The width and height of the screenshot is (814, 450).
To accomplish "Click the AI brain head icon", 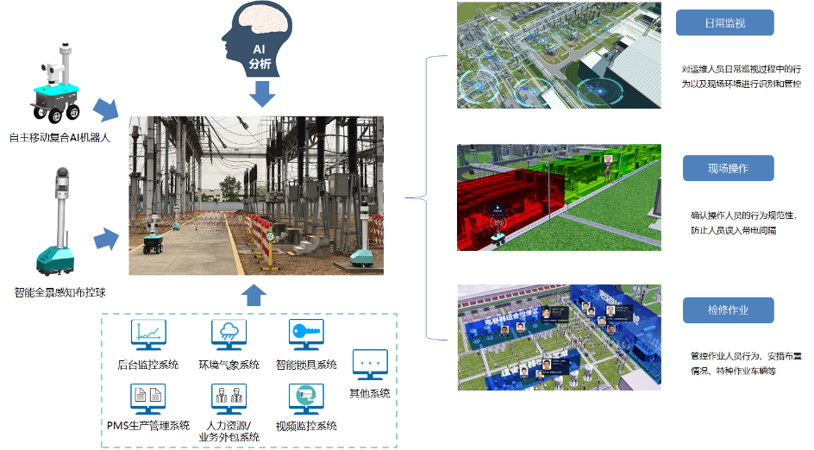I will point(258,40).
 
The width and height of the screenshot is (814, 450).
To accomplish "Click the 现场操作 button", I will point(728,168).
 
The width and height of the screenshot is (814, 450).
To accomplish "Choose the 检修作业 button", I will point(728,309).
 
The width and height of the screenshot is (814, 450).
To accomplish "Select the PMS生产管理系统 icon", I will point(147,397).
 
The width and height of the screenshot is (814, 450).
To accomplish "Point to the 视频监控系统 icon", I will point(305,398).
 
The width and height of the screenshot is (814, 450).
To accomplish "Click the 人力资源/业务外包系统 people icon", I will point(229,398).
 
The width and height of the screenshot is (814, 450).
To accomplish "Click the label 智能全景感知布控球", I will point(60,292).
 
